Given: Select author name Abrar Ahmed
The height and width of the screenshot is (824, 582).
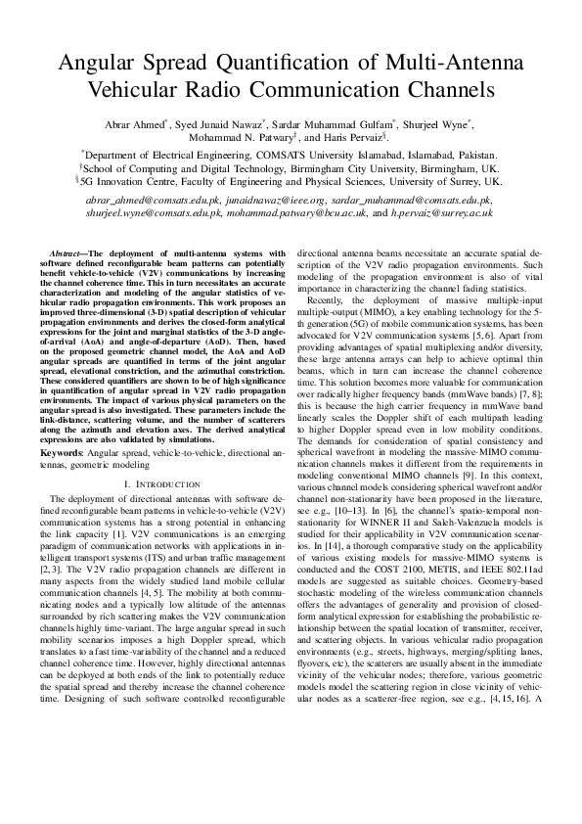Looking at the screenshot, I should pos(136,124).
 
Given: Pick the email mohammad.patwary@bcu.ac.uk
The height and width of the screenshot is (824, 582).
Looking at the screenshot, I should pos(309,211).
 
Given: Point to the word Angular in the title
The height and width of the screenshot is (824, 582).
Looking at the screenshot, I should pos(103,65).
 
